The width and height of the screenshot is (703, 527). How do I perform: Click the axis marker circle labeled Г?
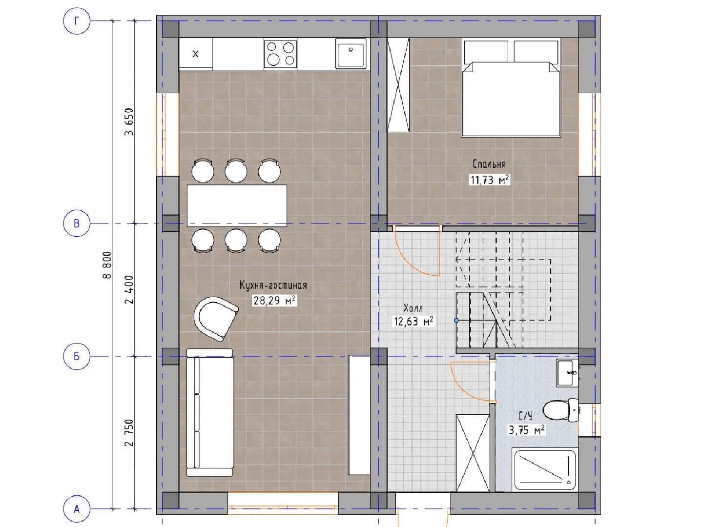tap(77, 21)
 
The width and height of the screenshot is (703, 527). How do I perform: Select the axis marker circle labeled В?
tap(77, 223)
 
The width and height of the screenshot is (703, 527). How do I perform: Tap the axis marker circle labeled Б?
tap(77, 356)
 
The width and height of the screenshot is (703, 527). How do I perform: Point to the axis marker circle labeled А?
tap(77, 509)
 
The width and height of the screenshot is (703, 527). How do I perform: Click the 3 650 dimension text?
tap(129, 122)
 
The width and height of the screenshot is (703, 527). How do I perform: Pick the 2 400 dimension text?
tap(129, 289)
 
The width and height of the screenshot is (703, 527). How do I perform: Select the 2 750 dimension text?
tap(129, 433)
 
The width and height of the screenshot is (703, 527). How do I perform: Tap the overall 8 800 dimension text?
tap(107, 265)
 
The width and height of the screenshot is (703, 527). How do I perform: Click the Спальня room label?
tap(489, 164)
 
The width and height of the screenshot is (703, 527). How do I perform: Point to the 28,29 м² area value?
tap(274, 301)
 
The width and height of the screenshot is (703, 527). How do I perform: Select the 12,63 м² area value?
tap(414, 321)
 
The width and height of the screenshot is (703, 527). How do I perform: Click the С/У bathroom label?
tap(526, 416)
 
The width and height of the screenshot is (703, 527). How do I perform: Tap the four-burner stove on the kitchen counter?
tap(280, 54)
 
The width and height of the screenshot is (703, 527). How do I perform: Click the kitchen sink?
tap(351, 54)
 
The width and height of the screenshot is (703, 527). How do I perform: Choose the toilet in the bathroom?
tap(561, 410)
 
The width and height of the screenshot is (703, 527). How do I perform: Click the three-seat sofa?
tap(210, 413)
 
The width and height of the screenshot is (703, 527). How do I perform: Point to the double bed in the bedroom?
tap(511, 88)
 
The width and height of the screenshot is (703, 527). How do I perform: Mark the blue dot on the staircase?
tap(456, 320)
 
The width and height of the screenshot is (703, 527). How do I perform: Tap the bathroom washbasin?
tap(567, 373)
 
